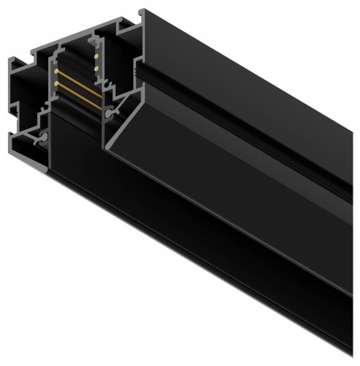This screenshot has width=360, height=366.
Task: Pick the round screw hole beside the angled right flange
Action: coord(109,115)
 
